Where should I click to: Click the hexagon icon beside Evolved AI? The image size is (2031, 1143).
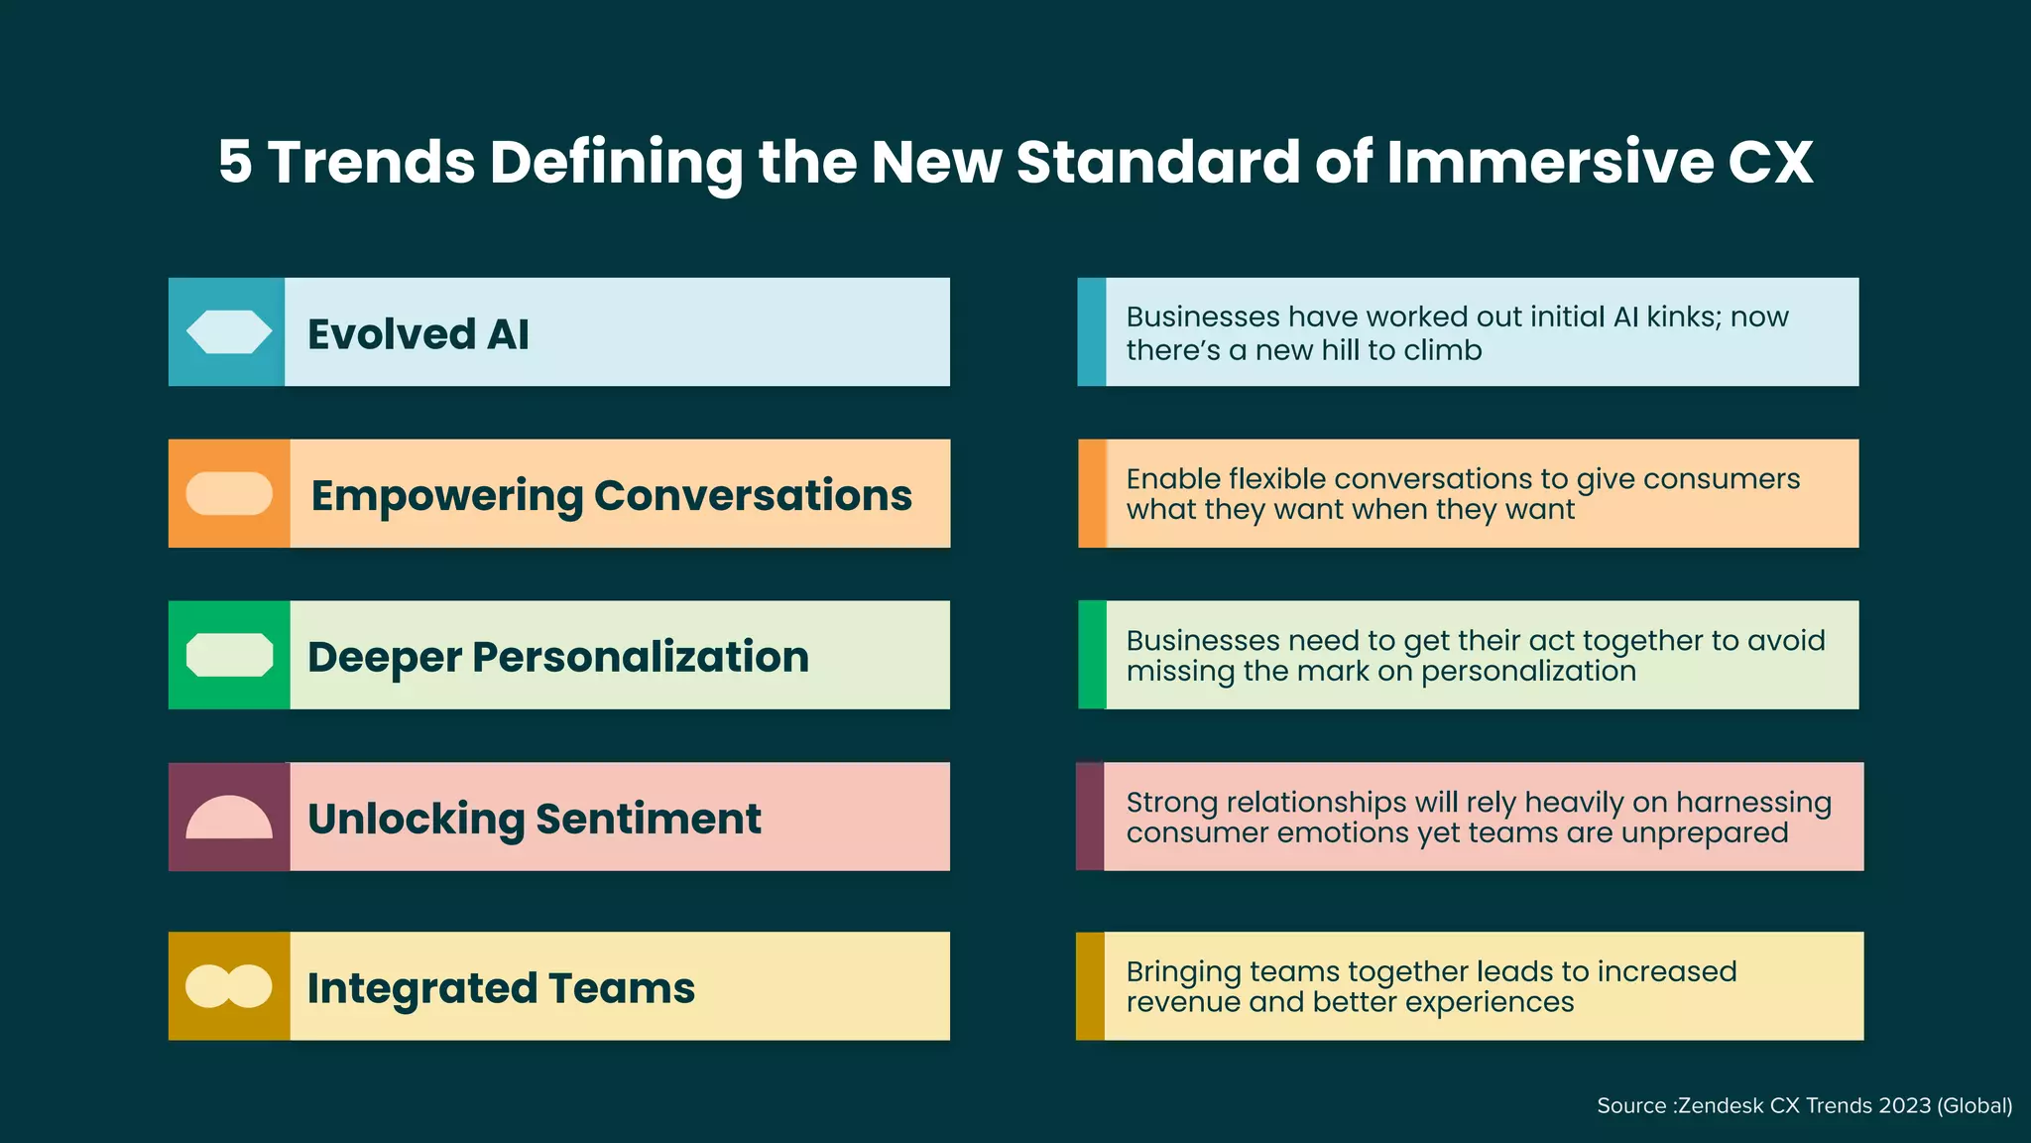click(x=229, y=332)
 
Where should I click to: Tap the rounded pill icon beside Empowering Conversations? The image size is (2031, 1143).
click(x=229, y=494)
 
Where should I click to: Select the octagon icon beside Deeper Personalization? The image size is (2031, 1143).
click(x=229, y=656)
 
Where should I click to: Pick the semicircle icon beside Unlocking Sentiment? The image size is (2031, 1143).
click(x=229, y=819)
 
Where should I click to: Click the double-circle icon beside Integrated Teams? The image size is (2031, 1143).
click(x=229, y=987)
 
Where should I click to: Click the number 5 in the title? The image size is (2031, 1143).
click(x=235, y=162)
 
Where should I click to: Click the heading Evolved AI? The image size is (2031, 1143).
click(x=418, y=334)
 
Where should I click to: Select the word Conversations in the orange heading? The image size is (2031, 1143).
click(x=753, y=495)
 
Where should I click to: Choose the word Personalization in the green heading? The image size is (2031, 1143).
click(x=641, y=657)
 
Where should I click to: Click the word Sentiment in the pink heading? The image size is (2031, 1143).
click(x=649, y=819)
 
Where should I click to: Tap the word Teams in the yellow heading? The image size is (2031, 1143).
click(x=622, y=988)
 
